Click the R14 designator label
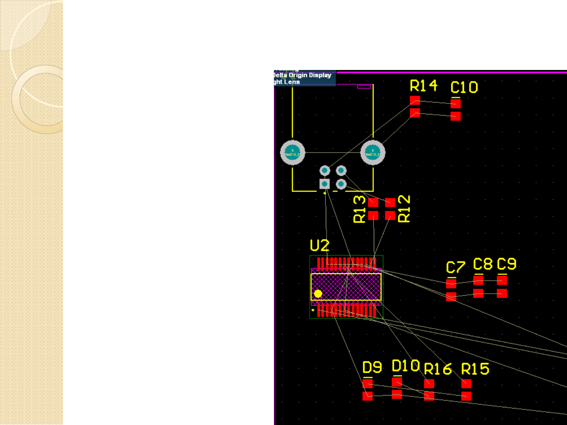[x=423, y=86]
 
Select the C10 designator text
[x=464, y=87]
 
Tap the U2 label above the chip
[x=320, y=246]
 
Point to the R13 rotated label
[x=360, y=210]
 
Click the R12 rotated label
[x=404, y=209]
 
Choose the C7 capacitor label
[x=456, y=267]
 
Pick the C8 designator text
[x=483, y=264]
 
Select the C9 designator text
[x=506, y=264]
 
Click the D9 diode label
[x=372, y=367]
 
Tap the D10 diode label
[x=406, y=366]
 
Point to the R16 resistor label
[x=438, y=369]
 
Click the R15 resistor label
[x=475, y=369]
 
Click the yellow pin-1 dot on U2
[x=318, y=293]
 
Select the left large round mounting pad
[x=292, y=153]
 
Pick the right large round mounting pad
[x=373, y=153]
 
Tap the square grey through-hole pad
[x=325, y=184]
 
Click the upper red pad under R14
[x=415, y=100]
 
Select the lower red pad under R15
[x=466, y=396]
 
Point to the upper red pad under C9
[x=502, y=280]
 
